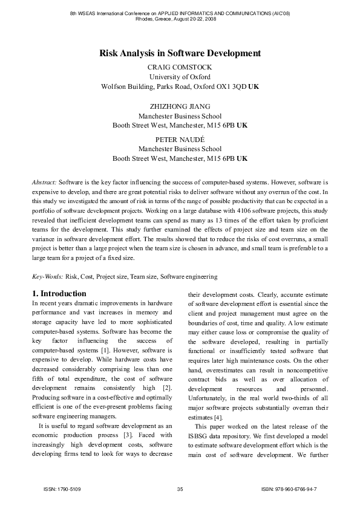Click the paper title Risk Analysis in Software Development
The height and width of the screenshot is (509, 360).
[180, 54]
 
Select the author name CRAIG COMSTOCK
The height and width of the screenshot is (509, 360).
[180, 67]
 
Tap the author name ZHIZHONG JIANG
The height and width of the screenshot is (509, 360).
[180, 106]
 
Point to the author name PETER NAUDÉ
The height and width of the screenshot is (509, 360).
[180, 139]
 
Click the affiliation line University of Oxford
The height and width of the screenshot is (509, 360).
[180, 77]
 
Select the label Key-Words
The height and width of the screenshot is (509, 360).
[47, 276]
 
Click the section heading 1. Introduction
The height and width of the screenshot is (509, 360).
[58, 294]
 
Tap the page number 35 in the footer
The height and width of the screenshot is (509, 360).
[180, 488]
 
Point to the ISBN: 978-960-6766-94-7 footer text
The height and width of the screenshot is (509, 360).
[289, 488]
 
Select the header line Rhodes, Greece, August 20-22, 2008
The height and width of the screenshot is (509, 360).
[180, 18]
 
